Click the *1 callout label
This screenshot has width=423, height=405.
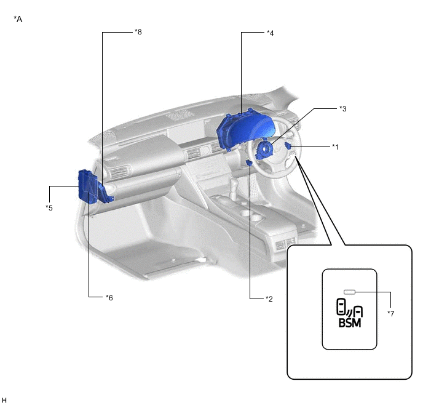click(335, 146)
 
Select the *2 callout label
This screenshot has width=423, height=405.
click(269, 299)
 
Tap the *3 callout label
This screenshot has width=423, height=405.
click(343, 108)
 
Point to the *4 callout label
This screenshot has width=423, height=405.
click(270, 33)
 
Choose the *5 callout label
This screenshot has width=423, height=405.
click(49, 207)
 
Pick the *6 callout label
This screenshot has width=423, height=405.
click(109, 297)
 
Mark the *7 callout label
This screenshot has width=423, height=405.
click(391, 313)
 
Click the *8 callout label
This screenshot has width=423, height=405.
click(138, 32)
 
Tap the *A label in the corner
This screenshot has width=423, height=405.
click(18, 19)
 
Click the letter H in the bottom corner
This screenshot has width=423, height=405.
click(4, 400)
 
